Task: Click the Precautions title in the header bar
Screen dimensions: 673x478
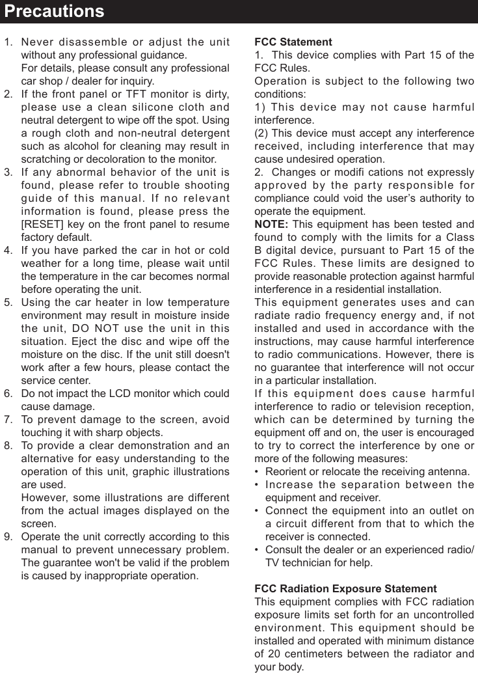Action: point(53,11)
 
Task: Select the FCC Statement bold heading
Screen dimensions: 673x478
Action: point(293,42)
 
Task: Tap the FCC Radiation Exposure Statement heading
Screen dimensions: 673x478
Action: point(345,589)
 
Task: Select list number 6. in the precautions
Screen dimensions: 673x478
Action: point(8,394)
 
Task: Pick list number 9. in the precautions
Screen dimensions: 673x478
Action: point(8,537)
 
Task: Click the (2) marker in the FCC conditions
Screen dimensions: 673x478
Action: point(263,133)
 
